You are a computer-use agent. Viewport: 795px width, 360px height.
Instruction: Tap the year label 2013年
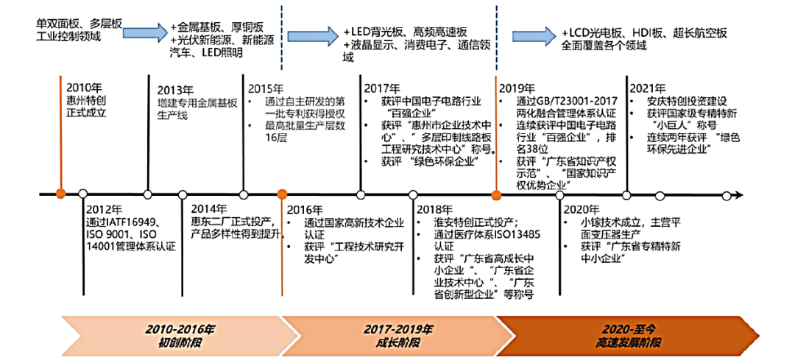coord(175,91)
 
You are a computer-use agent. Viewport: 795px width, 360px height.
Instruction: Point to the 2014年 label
coord(209,208)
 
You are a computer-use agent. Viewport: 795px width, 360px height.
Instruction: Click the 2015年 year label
coord(266,86)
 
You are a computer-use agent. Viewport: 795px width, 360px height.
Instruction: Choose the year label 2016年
coord(305,209)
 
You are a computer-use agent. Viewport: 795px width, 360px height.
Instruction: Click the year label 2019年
coord(517,86)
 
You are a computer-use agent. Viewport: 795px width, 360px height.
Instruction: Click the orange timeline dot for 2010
coord(60,194)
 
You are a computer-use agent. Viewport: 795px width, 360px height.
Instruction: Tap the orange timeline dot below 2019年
coord(496,195)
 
